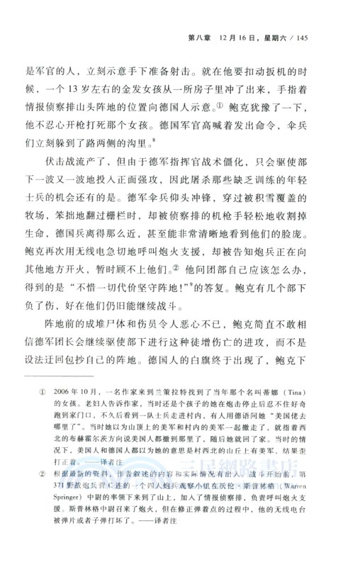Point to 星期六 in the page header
point(283,38)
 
